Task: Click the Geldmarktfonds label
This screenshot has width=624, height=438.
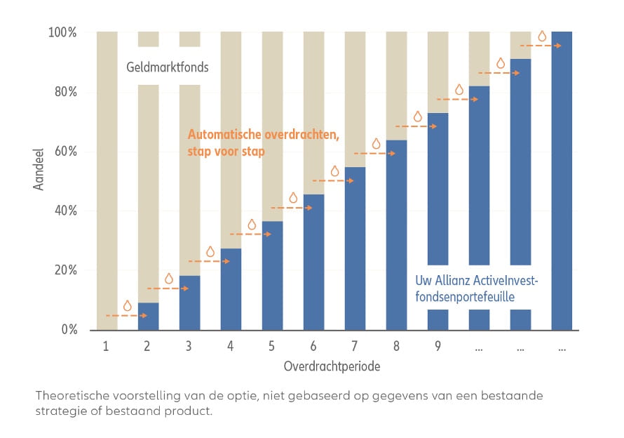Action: [x=168, y=68]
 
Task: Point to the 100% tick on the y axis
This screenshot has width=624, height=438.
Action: [x=63, y=33]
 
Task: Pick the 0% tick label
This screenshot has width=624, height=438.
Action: [x=69, y=329]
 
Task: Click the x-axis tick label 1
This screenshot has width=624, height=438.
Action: [x=106, y=346]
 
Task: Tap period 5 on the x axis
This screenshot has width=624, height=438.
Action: [x=272, y=346]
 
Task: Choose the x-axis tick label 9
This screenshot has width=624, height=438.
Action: [x=438, y=346]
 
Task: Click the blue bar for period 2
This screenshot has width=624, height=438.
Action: [x=148, y=316]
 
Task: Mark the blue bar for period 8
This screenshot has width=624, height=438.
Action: [x=396, y=235]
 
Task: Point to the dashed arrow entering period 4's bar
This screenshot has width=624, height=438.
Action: [x=209, y=261]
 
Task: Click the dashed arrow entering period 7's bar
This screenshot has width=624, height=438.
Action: [x=333, y=181]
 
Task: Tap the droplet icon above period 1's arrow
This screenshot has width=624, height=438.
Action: [x=127, y=306]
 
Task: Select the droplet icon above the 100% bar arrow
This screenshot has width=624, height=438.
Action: [x=541, y=36]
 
